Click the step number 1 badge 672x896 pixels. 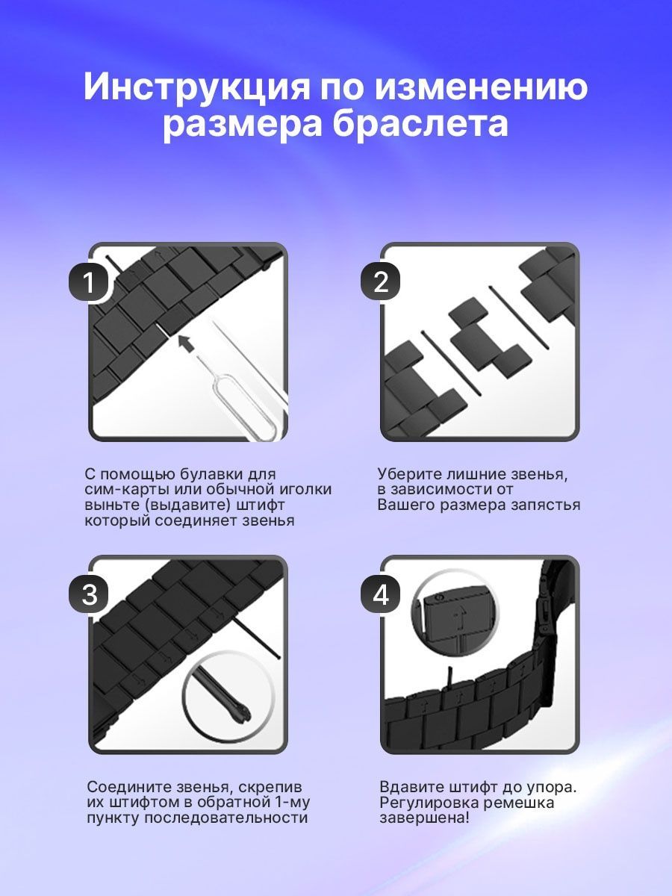(89, 282)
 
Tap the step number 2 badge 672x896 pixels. (381, 282)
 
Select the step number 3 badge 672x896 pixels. (89, 594)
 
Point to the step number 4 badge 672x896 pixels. (381, 594)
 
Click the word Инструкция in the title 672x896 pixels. (196, 87)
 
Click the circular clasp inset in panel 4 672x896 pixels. (456, 620)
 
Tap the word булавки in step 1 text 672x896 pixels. (211, 474)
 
